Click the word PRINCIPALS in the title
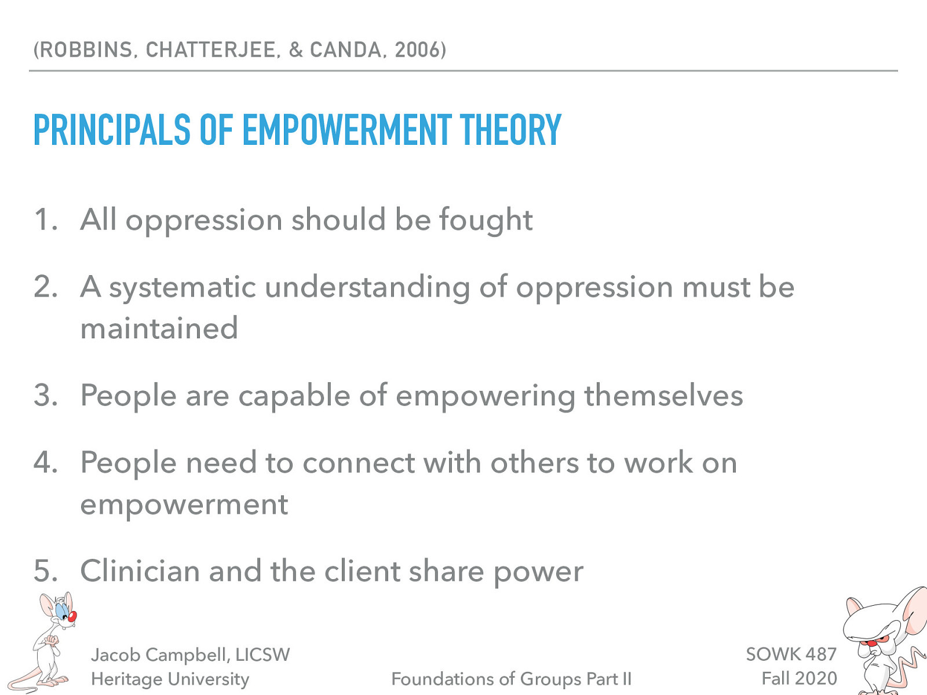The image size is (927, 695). tap(112, 130)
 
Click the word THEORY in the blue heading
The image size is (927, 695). tap(510, 130)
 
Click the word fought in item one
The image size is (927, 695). tap(486, 220)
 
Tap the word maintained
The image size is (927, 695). tap(159, 328)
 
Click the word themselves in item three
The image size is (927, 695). tap(663, 396)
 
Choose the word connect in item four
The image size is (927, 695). tap(359, 463)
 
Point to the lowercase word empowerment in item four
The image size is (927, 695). tap(184, 505)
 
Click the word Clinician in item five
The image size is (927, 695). tap(140, 571)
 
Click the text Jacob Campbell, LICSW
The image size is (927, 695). tap(190, 654)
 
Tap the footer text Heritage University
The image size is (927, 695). tap(170, 679)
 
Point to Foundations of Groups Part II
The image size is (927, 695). tap(511, 679)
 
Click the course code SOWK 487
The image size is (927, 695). tap(791, 654)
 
